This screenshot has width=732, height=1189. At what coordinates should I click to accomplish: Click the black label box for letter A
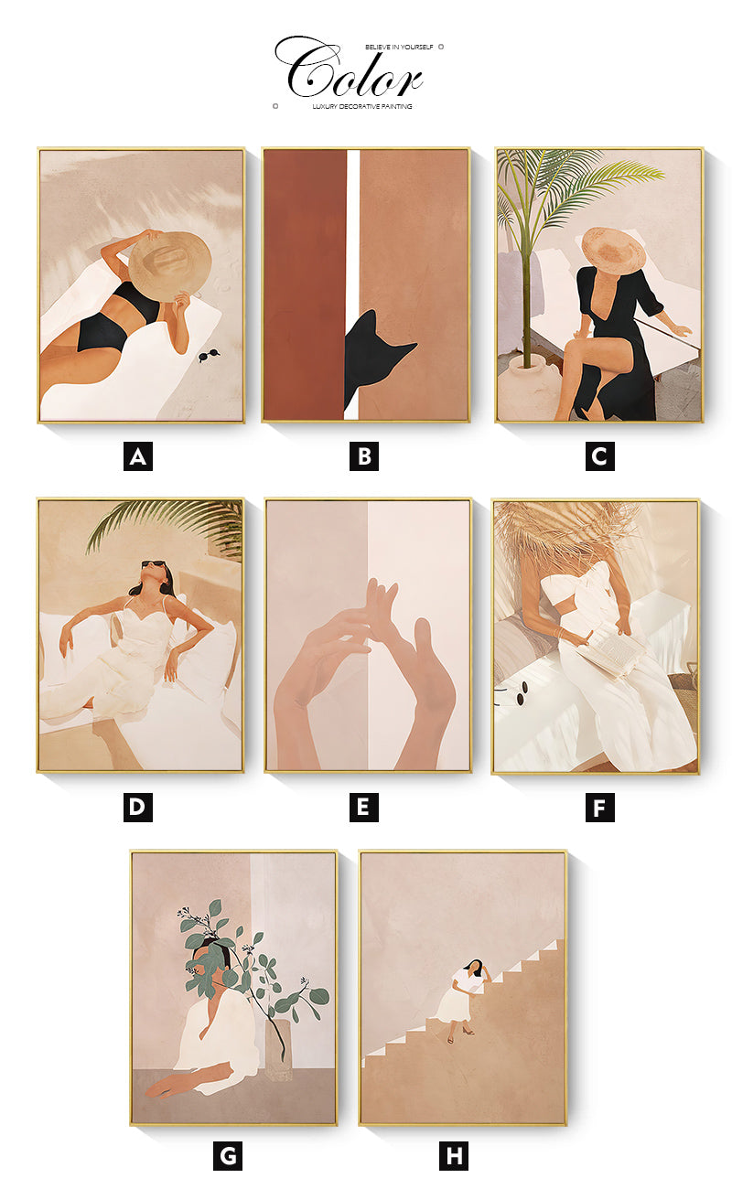137,456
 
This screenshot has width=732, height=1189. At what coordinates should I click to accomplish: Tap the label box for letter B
364,456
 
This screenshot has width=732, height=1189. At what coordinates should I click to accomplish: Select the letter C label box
599,456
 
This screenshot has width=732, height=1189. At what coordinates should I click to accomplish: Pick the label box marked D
137,808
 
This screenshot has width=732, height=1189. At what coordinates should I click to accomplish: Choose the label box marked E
364,808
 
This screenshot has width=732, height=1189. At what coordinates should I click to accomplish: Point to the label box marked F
599,808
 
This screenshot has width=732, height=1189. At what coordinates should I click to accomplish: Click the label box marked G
227,1155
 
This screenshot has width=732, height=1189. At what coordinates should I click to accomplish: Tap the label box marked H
454,1155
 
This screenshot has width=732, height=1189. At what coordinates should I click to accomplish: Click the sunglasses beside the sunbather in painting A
210,355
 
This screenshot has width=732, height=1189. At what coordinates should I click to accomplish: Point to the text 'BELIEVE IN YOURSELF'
399,47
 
